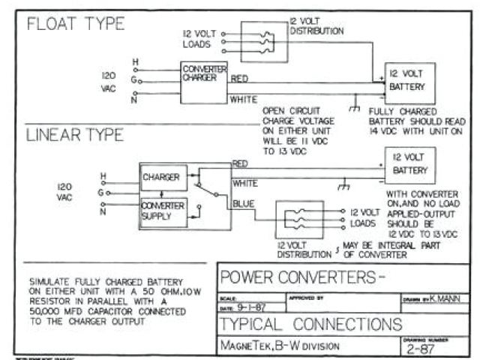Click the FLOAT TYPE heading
coord(75,24)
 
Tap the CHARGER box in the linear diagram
coord(161,178)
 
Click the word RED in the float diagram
coord(239,77)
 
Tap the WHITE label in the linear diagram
coord(245,182)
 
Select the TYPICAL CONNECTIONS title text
coord(310,325)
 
